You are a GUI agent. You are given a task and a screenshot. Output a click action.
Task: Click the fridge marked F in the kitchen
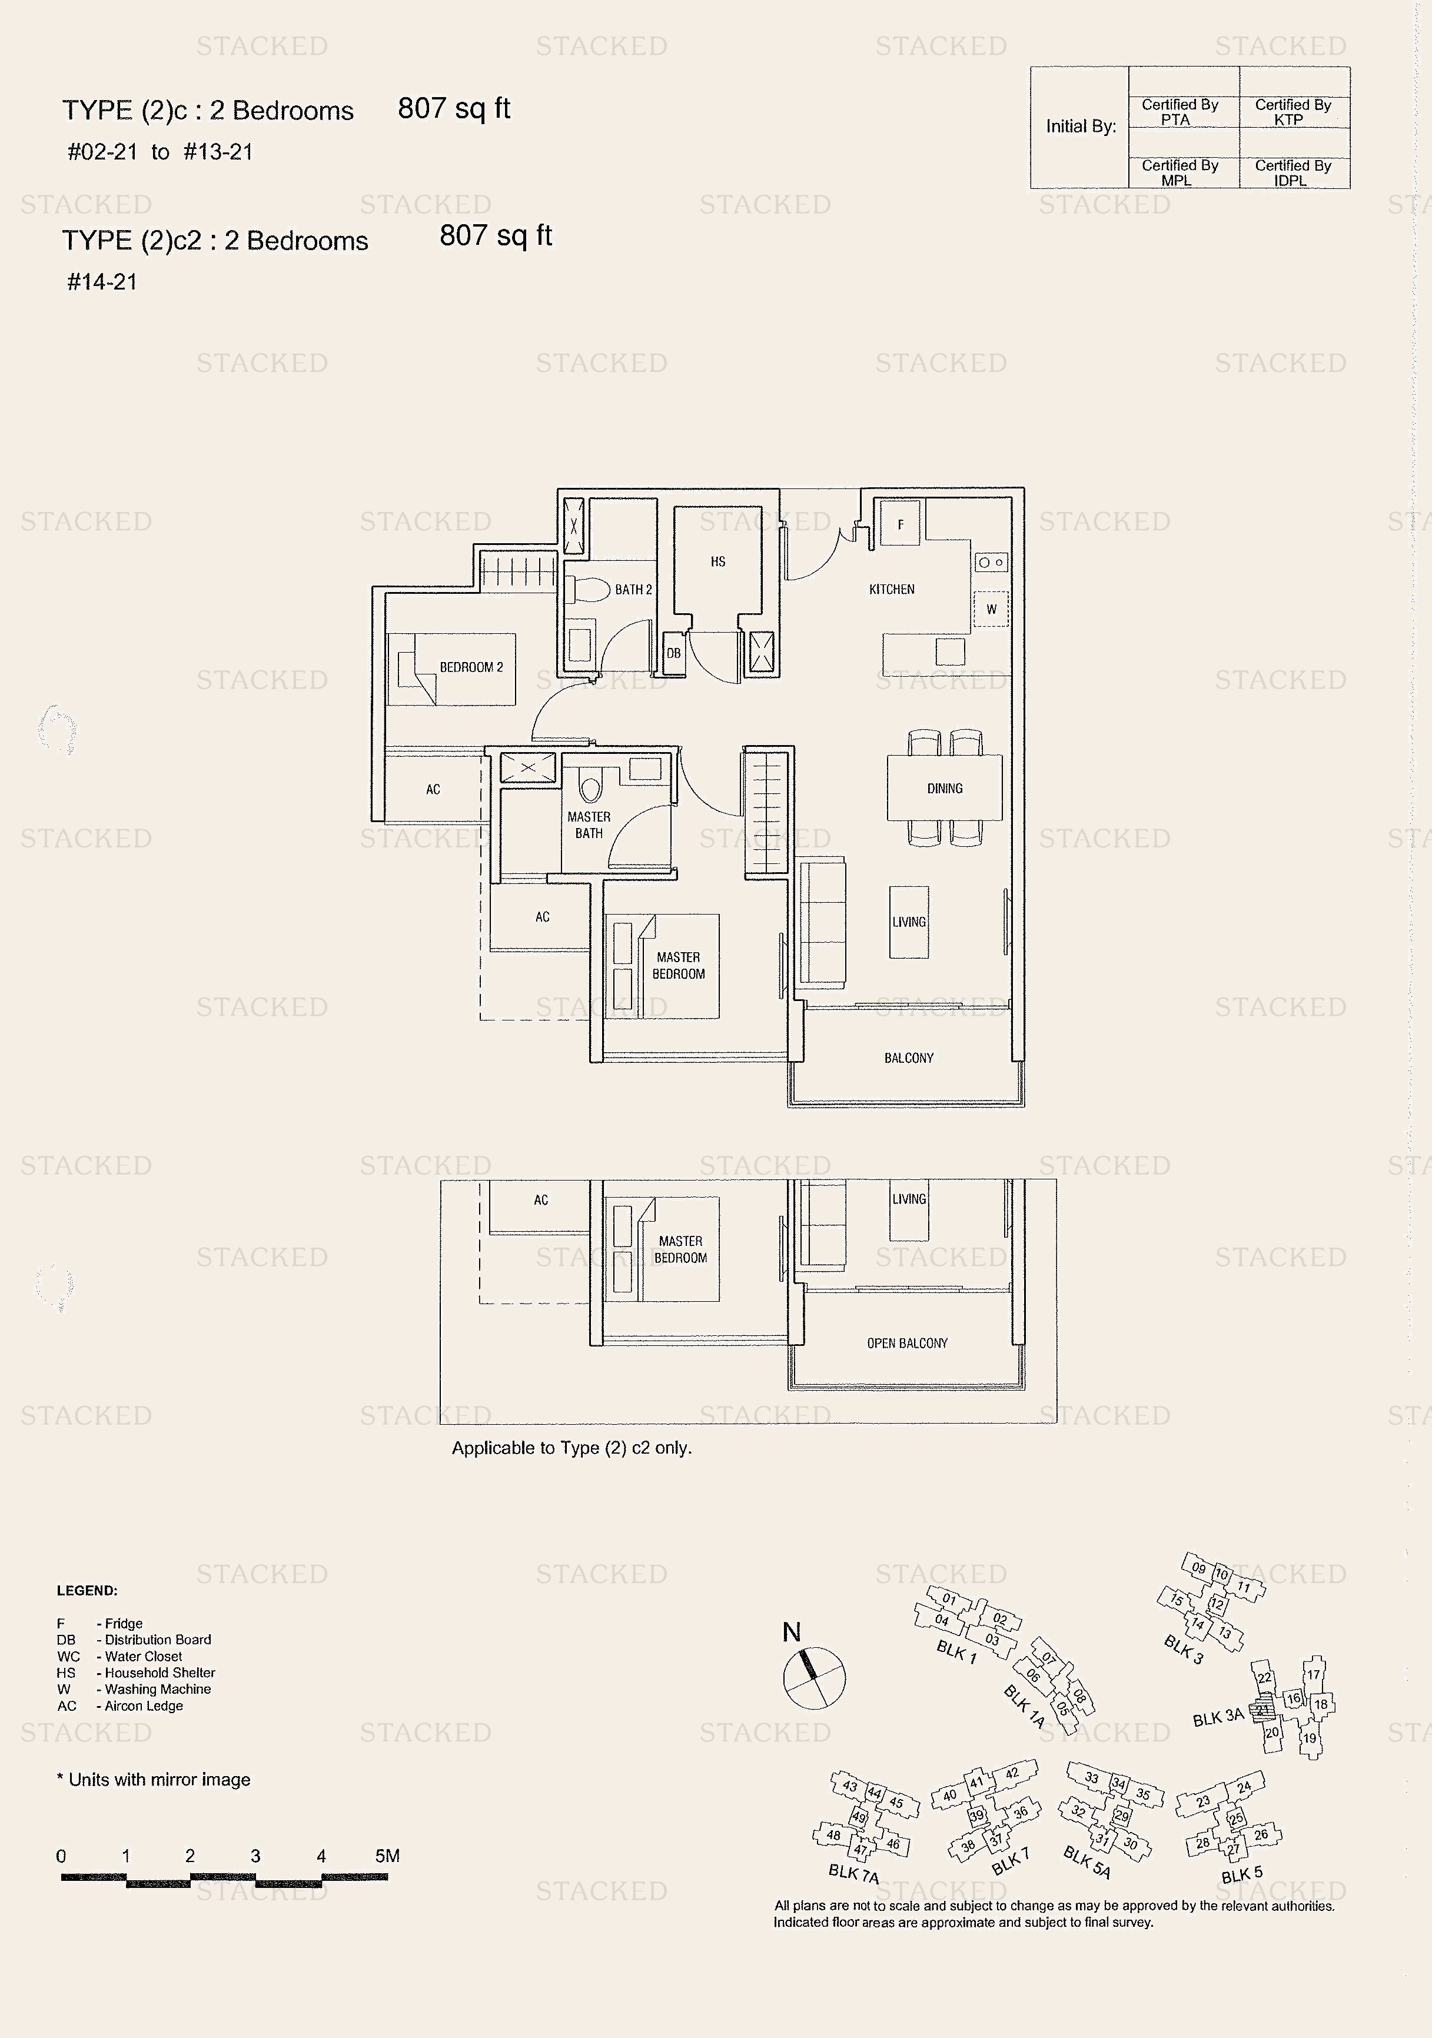900,524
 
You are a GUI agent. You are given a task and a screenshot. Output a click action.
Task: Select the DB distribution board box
674,653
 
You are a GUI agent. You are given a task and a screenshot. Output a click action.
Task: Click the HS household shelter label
717,561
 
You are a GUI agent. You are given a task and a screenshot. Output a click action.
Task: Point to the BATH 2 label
633,589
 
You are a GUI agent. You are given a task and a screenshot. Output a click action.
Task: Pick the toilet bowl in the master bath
590,786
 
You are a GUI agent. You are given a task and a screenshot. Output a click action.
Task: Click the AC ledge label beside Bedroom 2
433,789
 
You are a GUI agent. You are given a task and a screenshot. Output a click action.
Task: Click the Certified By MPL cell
1179,172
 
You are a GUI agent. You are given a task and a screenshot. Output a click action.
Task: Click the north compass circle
814,1678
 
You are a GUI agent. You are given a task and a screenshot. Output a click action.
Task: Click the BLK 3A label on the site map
1218,1718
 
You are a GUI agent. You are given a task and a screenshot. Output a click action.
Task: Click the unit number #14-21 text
102,282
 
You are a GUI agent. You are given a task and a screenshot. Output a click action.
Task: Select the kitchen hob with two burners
991,562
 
